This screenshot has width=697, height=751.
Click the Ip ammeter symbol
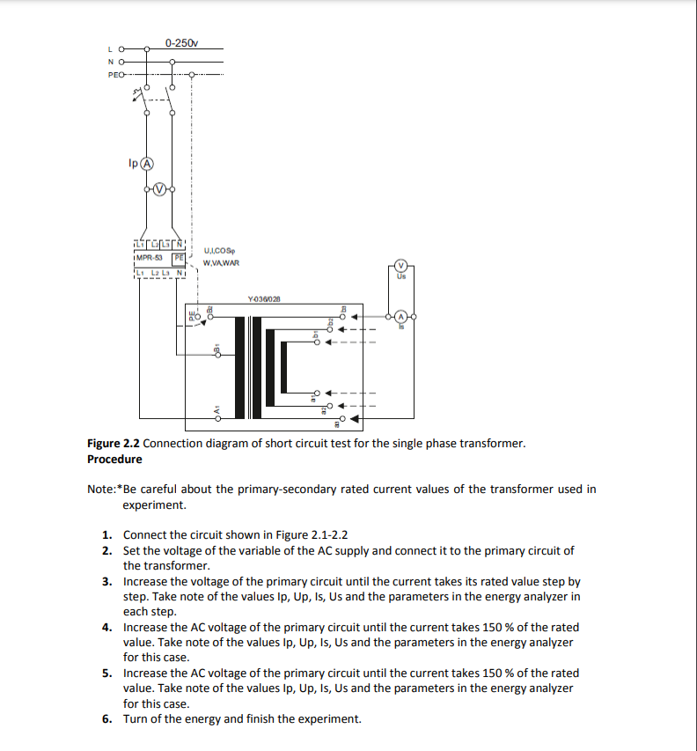148,164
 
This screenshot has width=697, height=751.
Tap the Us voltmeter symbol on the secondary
401,265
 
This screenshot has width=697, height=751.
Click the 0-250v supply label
181,42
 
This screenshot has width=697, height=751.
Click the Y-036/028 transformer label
264,299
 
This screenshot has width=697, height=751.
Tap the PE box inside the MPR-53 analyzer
178,258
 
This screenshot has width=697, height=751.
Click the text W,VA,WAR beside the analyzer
221,262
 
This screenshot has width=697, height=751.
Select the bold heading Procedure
114,459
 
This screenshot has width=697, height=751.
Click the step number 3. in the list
106,582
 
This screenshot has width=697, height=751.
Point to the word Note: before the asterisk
102,490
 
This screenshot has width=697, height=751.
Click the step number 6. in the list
106,719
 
